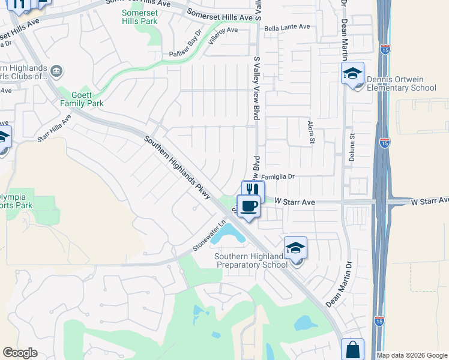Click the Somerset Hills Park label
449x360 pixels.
pos(140,17)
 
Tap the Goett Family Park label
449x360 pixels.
pos(82,98)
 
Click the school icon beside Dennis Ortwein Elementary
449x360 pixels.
pos(352,74)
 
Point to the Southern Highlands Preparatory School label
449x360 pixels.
pos(251,261)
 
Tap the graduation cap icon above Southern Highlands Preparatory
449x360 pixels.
pos(295,248)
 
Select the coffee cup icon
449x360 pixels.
pos(248,206)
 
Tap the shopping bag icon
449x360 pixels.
pos(352,349)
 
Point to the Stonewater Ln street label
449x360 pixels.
pos(209,236)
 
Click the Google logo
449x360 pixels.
pos(20,353)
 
